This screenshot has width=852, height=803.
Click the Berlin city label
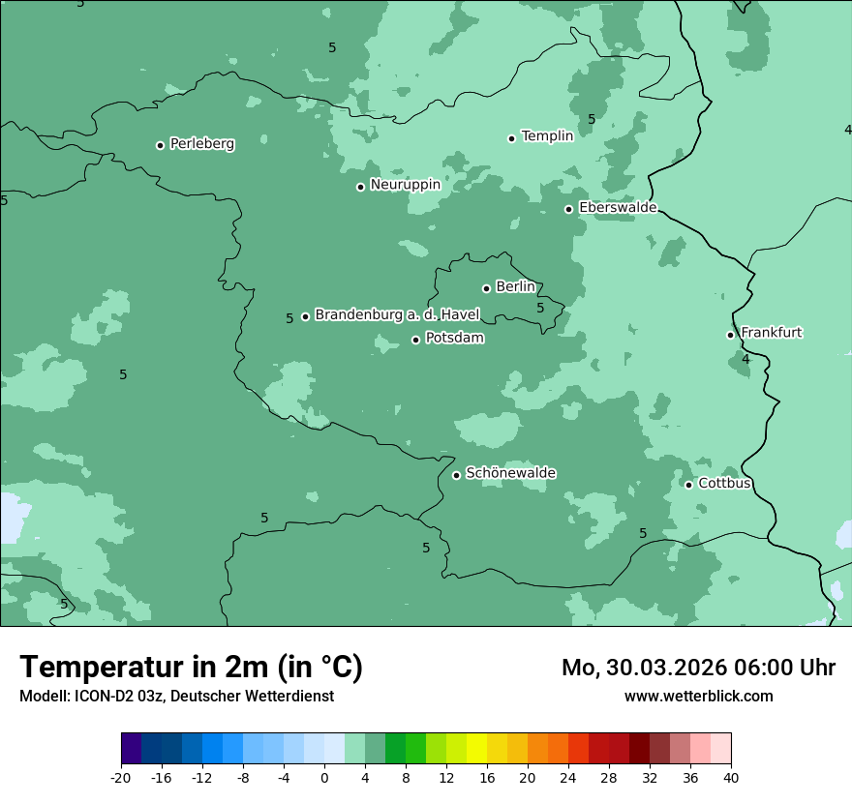(x=515, y=286)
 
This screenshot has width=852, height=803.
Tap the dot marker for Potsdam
(x=416, y=340)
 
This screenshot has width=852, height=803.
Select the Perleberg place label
(x=201, y=143)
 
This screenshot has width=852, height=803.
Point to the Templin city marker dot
(x=511, y=138)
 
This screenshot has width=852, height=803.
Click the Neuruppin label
(x=405, y=184)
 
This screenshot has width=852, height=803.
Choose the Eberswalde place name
(x=618, y=207)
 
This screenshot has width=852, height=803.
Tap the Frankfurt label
(x=771, y=332)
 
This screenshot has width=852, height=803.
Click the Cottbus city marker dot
(x=688, y=485)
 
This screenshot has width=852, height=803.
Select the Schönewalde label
(x=510, y=472)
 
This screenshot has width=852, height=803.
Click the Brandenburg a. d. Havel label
(x=397, y=314)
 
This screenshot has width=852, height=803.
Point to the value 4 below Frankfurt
(x=745, y=359)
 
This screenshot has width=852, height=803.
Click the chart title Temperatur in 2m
(x=191, y=667)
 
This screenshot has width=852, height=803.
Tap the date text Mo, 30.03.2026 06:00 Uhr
(x=698, y=668)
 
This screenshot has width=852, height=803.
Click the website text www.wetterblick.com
(x=698, y=696)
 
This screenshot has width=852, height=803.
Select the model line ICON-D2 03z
(x=176, y=696)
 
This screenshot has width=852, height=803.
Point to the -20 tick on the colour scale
(x=121, y=777)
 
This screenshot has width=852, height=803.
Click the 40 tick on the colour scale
(x=730, y=777)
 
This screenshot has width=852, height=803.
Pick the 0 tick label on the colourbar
(x=324, y=777)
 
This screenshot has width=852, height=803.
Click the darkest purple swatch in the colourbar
(x=131, y=749)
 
